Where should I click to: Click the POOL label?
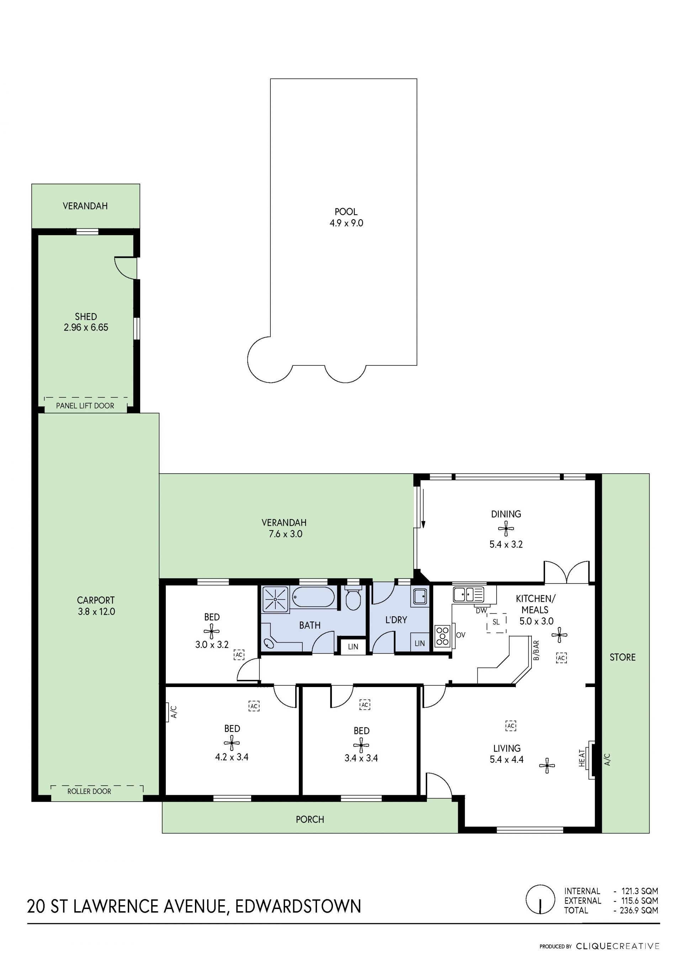pyautogui.click(x=346, y=212)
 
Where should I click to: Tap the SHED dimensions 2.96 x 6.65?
pyautogui.click(x=86, y=327)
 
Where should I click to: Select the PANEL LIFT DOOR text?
pyautogui.click(x=85, y=406)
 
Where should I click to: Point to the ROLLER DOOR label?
pyautogui.click(x=89, y=791)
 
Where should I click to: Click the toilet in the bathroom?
pyautogui.click(x=353, y=599)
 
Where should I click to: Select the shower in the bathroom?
pyautogui.click(x=275, y=599)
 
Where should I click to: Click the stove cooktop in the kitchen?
pyautogui.click(x=443, y=636)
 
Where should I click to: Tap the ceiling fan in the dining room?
pyautogui.click(x=506, y=528)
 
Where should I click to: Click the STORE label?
pyautogui.click(x=623, y=657)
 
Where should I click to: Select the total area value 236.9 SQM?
pyautogui.click(x=639, y=910)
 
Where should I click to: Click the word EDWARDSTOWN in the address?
pyautogui.click(x=298, y=906)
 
